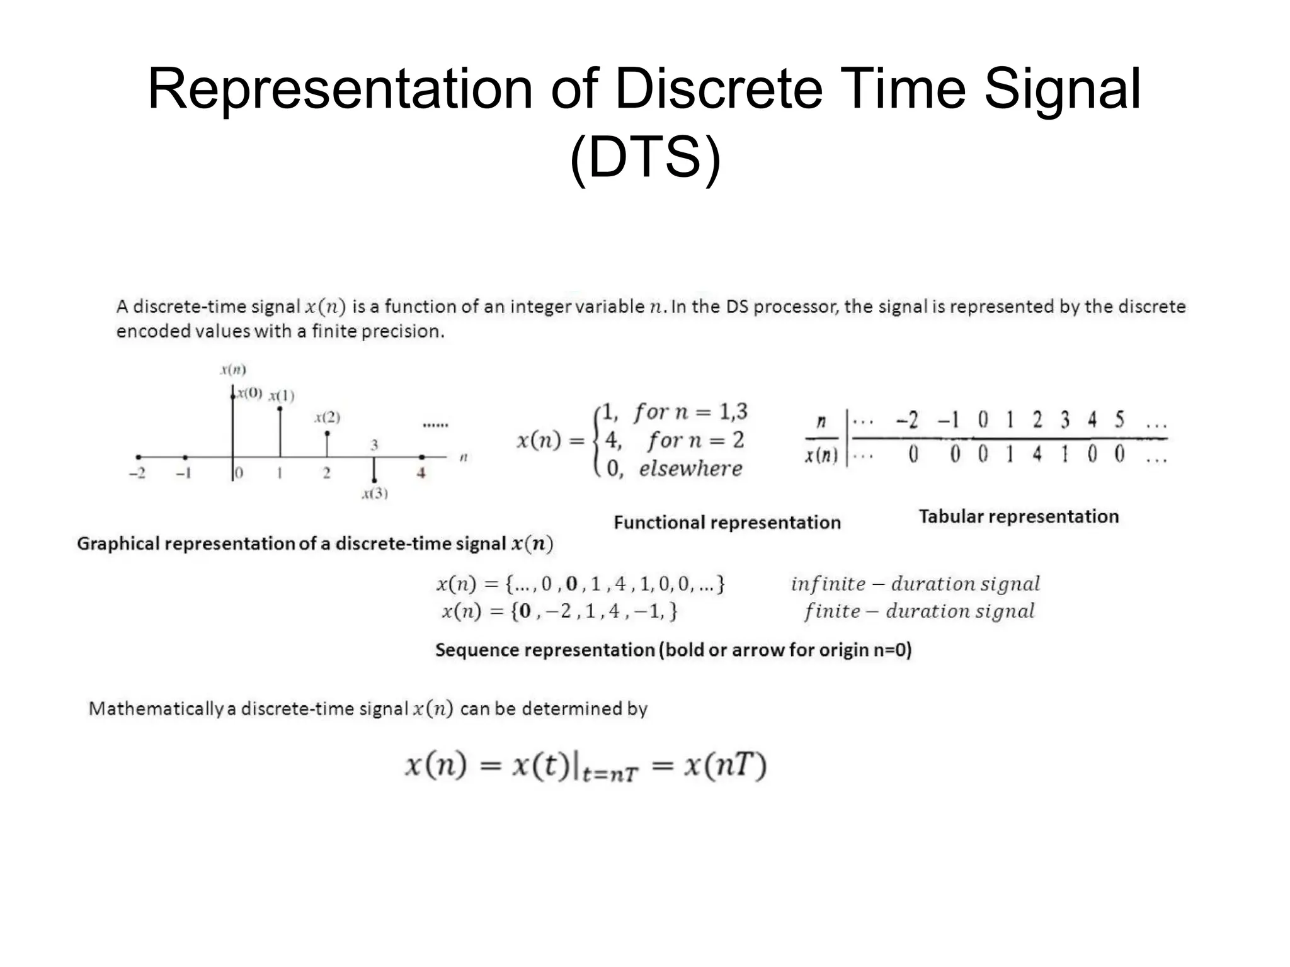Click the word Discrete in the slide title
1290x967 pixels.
[719, 89]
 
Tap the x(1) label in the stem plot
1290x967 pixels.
[282, 396]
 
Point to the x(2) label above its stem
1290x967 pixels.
[328, 417]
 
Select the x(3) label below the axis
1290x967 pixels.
[375, 493]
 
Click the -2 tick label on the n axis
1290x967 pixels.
[137, 473]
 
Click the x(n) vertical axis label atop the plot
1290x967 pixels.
[233, 370]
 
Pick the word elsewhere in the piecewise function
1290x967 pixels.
[690, 468]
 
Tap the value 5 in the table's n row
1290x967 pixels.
[1119, 419]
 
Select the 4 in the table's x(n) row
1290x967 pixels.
[1037, 453]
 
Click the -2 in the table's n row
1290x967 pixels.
[908, 420]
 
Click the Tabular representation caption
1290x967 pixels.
[1019, 516]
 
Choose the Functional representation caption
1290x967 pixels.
[727, 523]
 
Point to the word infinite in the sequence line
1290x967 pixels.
[828, 584]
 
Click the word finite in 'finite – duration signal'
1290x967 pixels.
[831, 611]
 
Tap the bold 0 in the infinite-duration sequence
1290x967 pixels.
[571, 584]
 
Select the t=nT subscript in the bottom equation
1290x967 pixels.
[610, 774]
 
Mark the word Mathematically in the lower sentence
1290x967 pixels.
[156, 709]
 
